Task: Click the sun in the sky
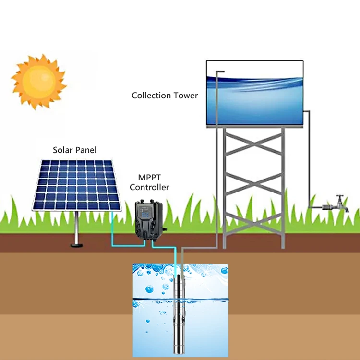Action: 38,81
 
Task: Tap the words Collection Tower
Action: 165,96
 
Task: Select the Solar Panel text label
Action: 74,150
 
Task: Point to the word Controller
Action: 149,187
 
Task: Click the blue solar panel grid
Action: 77,185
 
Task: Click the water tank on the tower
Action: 254,94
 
